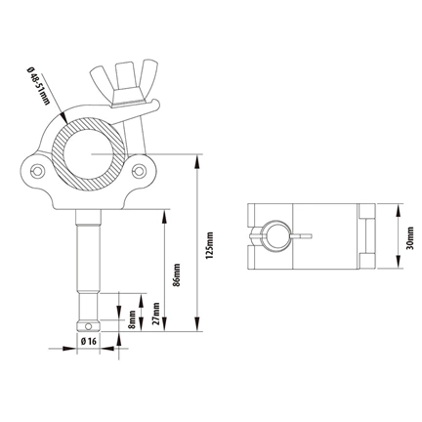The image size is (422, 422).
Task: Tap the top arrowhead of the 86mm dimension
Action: pyautogui.click(x=165, y=210)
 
